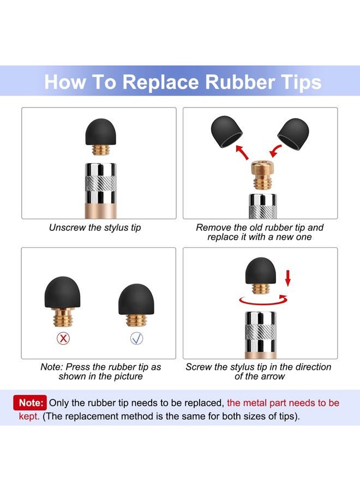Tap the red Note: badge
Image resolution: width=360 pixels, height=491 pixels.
[30, 403]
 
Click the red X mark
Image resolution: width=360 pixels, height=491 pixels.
[63, 338]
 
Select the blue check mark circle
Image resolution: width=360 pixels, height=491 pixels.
[136, 338]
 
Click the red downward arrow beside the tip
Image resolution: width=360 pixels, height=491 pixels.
[288, 278]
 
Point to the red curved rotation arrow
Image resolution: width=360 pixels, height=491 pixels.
[263, 301]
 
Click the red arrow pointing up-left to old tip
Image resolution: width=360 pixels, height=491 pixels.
[242, 152]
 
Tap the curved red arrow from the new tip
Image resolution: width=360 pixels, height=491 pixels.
[275, 151]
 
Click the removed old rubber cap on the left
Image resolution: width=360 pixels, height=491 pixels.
[226, 131]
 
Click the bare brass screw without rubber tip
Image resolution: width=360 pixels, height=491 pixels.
[263, 175]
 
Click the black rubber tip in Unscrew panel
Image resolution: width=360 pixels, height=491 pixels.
[100, 132]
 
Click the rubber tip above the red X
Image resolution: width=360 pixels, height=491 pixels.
[62, 292]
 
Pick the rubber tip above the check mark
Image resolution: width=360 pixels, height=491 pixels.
[136, 300]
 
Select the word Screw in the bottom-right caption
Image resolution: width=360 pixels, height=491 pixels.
[199, 367]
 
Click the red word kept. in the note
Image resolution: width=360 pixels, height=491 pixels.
[29, 416]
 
